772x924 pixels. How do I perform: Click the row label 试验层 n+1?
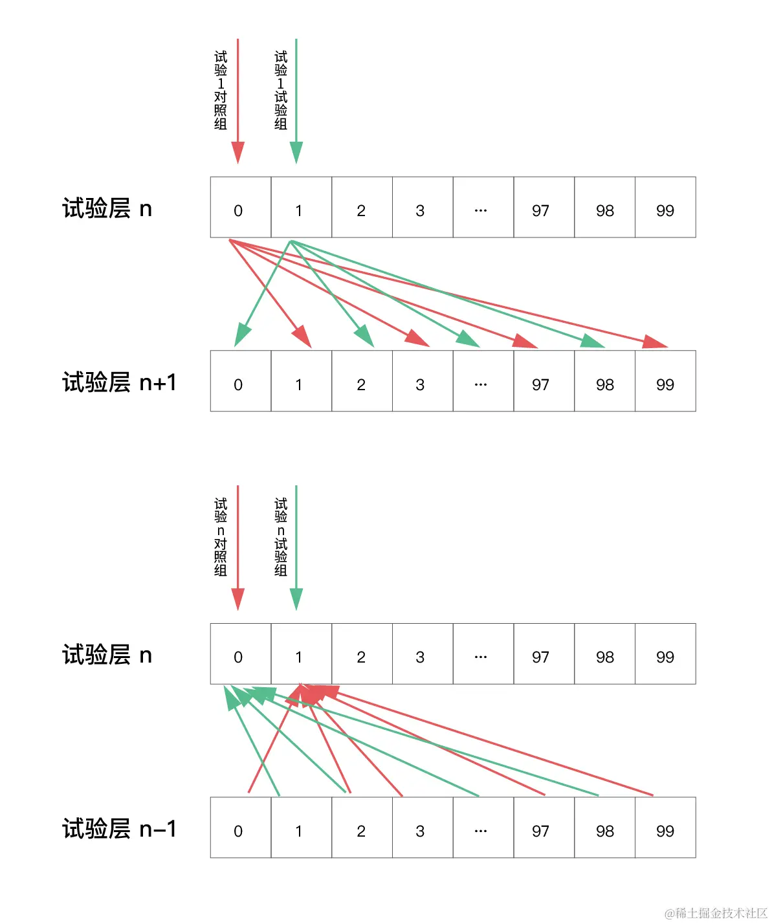119,382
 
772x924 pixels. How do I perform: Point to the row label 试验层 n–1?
119,829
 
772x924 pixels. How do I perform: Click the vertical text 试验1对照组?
221,90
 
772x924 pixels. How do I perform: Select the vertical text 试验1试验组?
281,90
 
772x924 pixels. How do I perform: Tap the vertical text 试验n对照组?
221,536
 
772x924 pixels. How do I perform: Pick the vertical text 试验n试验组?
281,536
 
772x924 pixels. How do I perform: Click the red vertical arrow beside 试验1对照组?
238,97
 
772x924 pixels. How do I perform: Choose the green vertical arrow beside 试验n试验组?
296,544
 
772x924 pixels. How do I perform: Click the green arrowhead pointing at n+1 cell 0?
241,336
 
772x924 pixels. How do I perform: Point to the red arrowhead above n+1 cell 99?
654,342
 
